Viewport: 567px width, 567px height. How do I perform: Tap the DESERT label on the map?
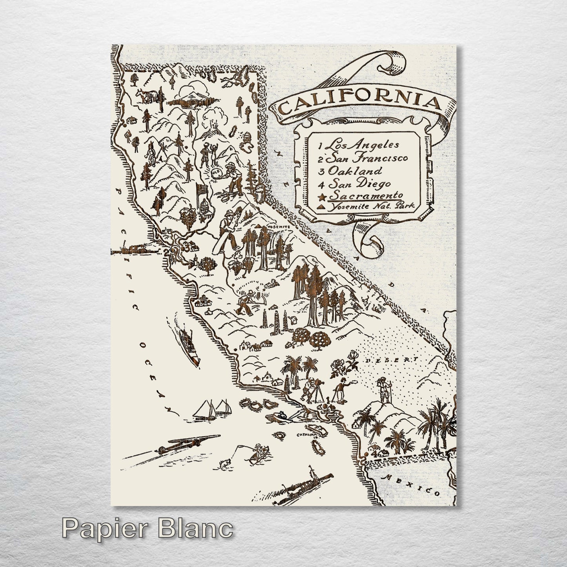(x=392, y=359)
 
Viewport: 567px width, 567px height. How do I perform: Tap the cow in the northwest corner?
(x=148, y=95)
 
